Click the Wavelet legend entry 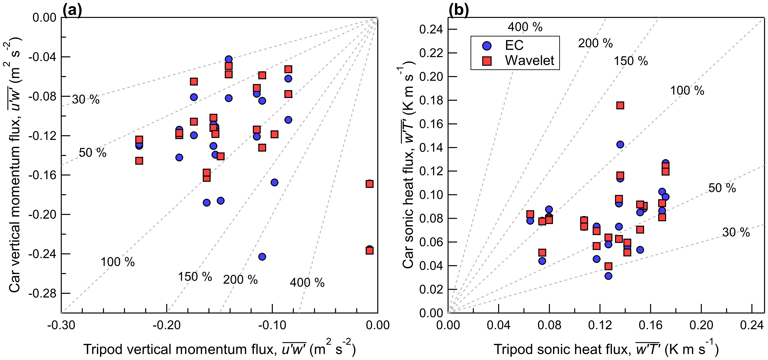pyautogui.click(x=529, y=60)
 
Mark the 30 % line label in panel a pyautogui.click(x=86, y=100)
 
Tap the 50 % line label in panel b pyautogui.click(x=722, y=188)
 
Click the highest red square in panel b pyautogui.click(x=620, y=105)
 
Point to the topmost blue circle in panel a pyautogui.click(x=229, y=59)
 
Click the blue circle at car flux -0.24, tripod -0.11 pyautogui.click(x=262, y=256)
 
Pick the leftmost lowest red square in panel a pyautogui.click(x=139, y=161)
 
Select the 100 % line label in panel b pyautogui.click(x=687, y=90)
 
